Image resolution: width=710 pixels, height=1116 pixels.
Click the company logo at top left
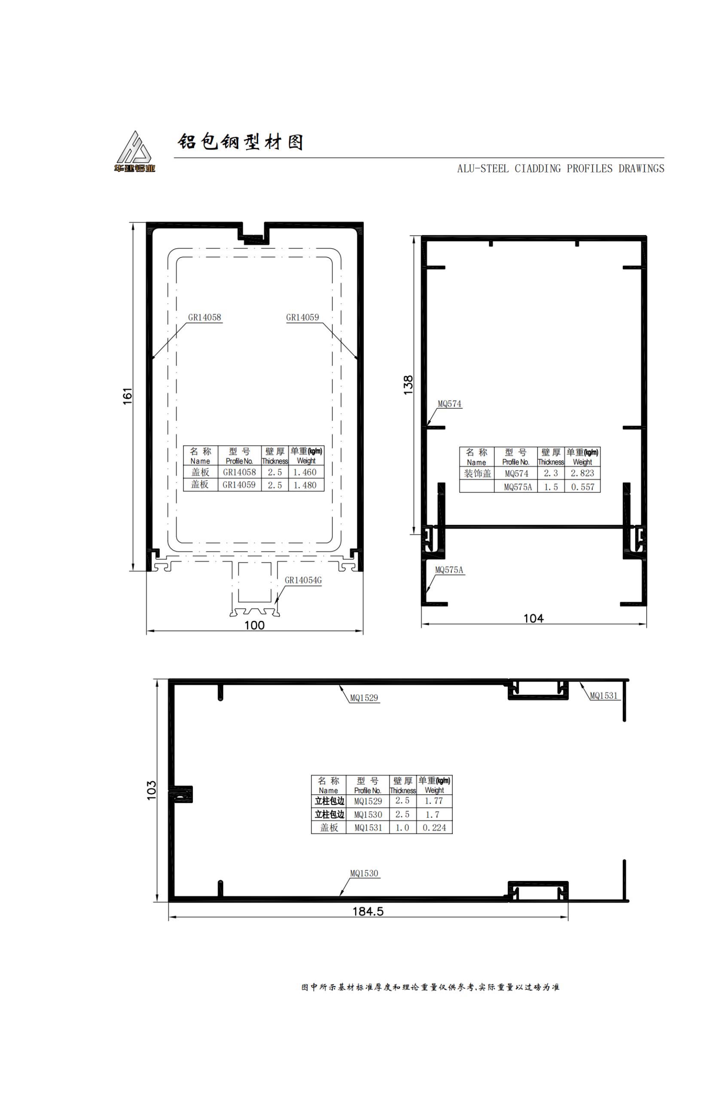click(x=134, y=152)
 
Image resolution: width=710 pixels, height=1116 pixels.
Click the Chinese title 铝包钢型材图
click(x=241, y=142)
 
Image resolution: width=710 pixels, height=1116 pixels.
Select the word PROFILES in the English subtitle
click(x=590, y=169)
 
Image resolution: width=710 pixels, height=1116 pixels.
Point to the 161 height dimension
click(x=128, y=396)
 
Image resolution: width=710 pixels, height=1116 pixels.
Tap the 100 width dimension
click(x=254, y=625)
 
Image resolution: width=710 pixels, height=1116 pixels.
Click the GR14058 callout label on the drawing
click(x=205, y=318)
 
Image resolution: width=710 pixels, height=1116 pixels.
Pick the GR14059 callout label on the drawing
click(x=302, y=318)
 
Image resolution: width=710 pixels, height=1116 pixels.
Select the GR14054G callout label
click(x=303, y=580)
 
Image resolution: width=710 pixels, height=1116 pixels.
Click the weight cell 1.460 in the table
click(x=305, y=472)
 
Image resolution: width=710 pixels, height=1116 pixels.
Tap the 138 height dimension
click(x=408, y=385)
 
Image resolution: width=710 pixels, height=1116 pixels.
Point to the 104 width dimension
click(x=533, y=618)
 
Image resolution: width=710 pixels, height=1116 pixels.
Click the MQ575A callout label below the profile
click(x=449, y=570)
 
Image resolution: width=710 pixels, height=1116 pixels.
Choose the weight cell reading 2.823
click(x=582, y=473)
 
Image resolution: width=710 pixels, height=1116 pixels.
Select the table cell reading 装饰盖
click(x=477, y=473)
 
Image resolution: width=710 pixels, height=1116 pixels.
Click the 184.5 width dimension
click(x=368, y=911)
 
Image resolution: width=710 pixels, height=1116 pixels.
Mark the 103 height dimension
click(x=152, y=790)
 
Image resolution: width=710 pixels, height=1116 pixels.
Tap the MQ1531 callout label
click(x=604, y=696)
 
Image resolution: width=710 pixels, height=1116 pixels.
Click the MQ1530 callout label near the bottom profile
click(x=364, y=873)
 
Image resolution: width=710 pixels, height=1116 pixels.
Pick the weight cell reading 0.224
click(x=434, y=828)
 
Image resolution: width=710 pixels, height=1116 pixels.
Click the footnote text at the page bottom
click(x=431, y=987)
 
